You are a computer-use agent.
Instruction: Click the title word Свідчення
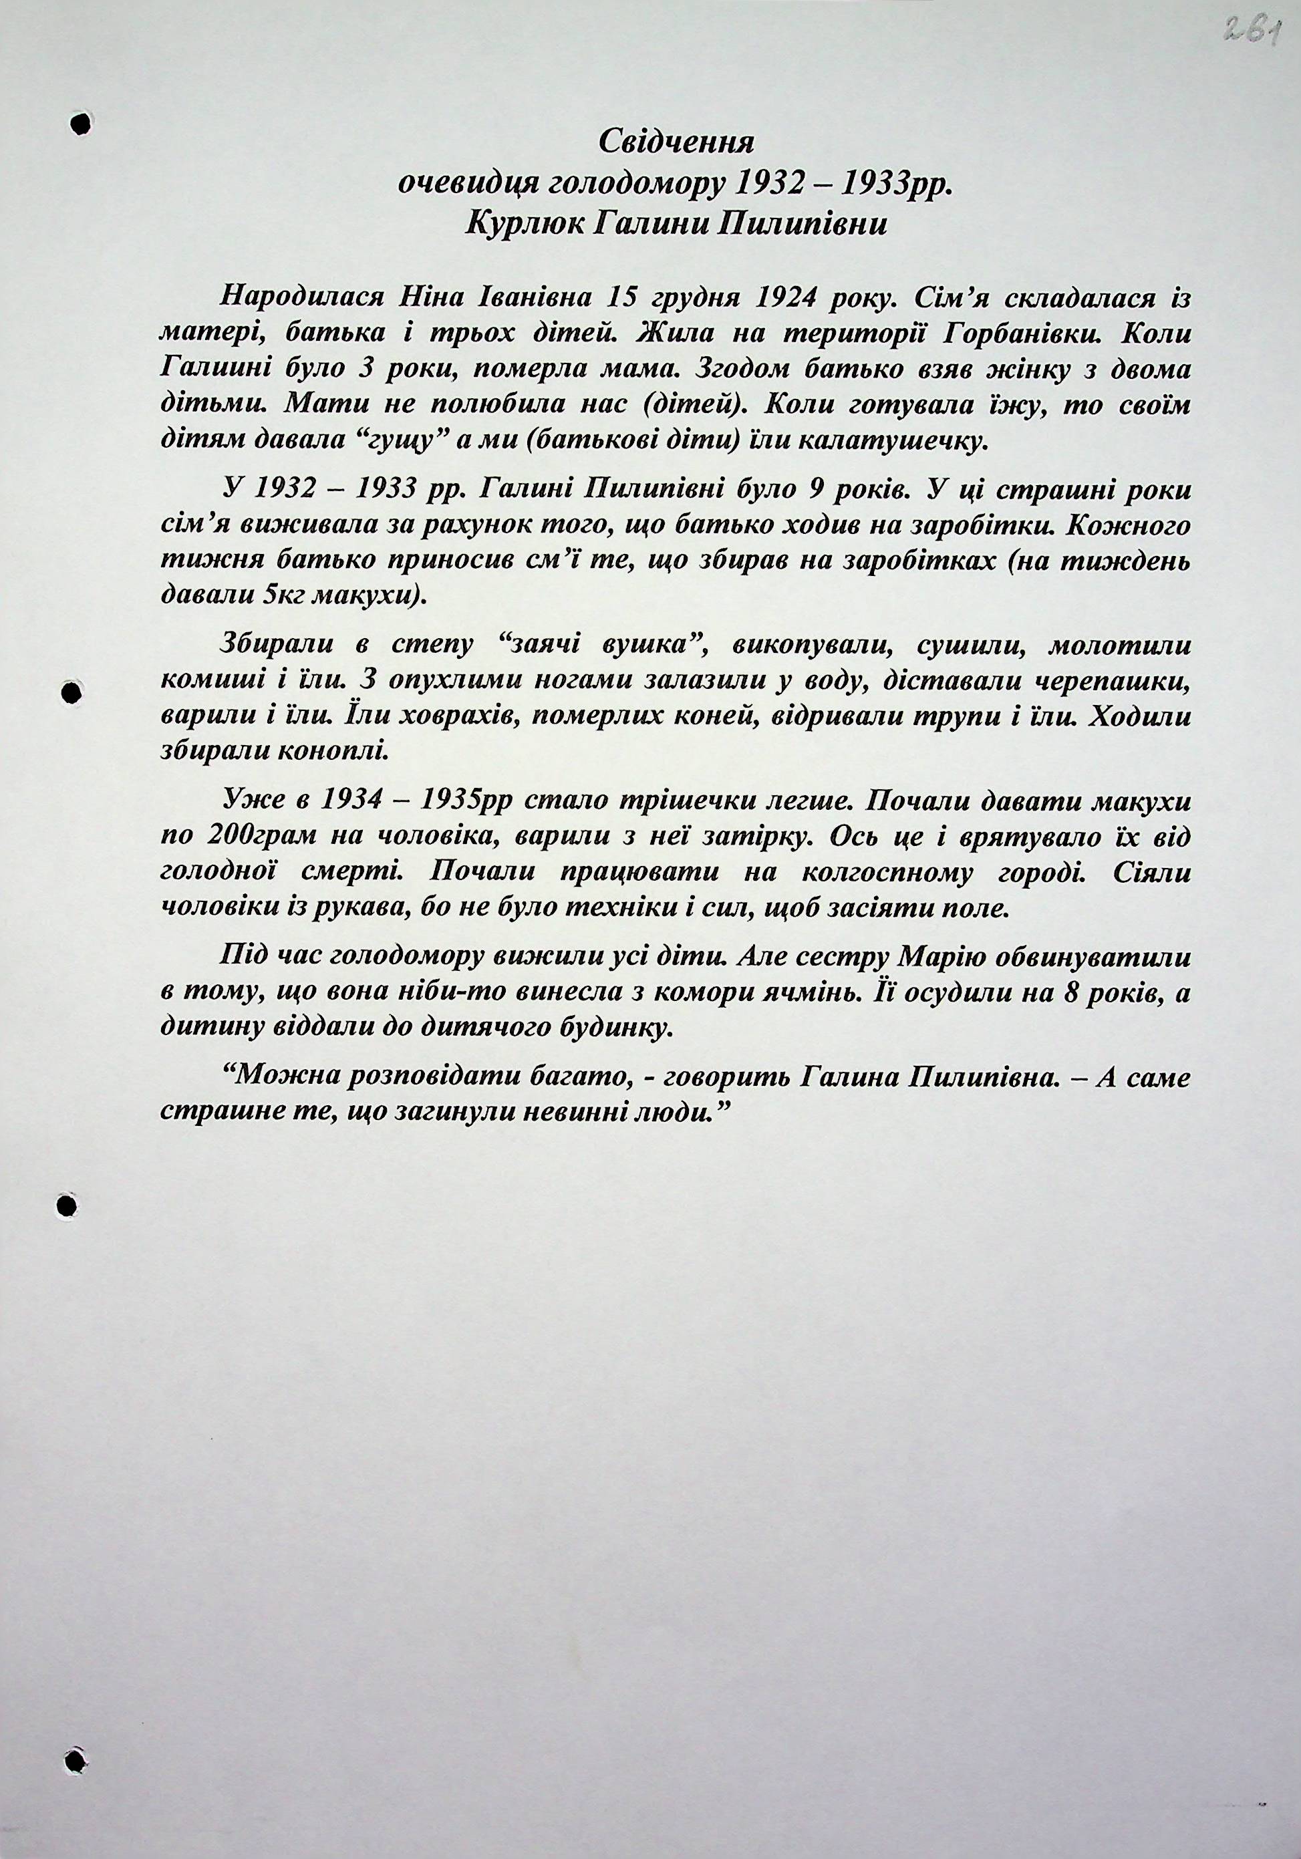point(676,143)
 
